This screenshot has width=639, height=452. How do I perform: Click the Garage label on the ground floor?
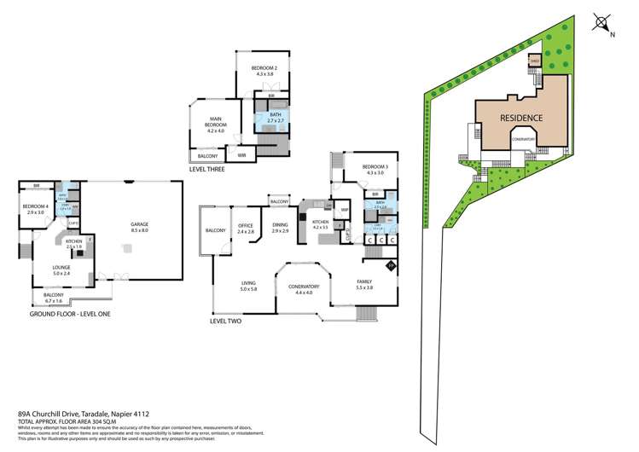[x=139, y=227]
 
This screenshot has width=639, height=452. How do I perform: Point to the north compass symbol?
[x=603, y=24]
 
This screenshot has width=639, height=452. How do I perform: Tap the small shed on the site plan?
[x=535, y=61]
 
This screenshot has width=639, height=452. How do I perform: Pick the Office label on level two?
[x=247, y=229]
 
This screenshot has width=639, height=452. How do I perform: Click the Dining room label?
[x=280, y=229]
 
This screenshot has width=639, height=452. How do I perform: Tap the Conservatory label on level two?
[x=304, y=289]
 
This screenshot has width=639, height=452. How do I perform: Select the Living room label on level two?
[x=249, y=287]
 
